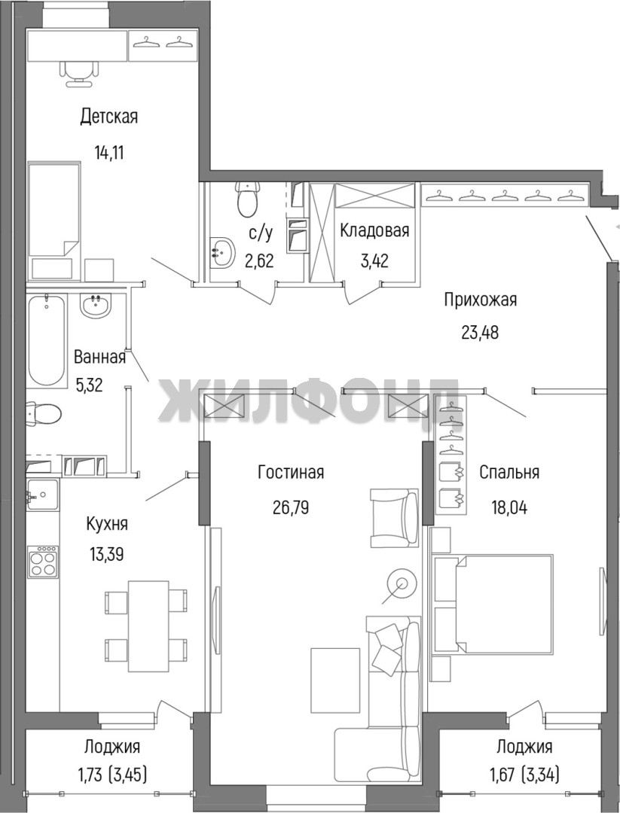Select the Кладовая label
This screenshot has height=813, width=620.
374,230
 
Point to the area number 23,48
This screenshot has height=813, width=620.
480,332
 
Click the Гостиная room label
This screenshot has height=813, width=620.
291,472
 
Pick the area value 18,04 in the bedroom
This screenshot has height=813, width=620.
509,507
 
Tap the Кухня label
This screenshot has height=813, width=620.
107,524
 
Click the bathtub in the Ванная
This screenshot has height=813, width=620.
47,340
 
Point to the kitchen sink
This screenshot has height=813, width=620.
42,495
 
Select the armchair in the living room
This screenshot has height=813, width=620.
395,517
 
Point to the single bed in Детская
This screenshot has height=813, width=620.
54,221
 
